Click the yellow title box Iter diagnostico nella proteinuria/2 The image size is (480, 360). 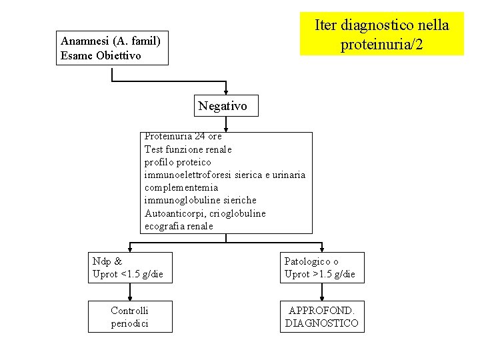coord(381,34)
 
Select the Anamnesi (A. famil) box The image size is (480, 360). coord(112,48)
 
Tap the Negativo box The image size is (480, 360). coord(223,105)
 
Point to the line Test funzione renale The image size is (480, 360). coord(188,149)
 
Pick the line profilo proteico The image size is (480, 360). coord(177,162)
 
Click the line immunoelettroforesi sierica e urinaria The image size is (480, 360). coord(225,175)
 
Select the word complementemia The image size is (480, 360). coord(181,187)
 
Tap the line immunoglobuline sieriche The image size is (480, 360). coord(200,200)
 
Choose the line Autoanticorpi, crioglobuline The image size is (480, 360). coord(205,213)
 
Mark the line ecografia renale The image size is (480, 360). coord(179,226)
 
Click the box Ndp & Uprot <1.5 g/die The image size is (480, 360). coord(130,268)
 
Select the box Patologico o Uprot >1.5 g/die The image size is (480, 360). coord(323,268)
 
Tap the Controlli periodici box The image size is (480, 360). coord(130,317)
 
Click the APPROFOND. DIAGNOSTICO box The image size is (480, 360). coord(322,317)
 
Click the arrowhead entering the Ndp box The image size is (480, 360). coord(130,248)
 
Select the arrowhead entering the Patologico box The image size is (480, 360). coord(322,248)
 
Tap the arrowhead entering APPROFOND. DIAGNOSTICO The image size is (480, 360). coord(322,297)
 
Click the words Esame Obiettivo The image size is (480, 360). coord(101,55)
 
